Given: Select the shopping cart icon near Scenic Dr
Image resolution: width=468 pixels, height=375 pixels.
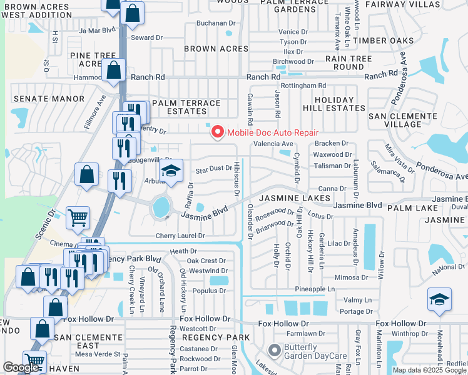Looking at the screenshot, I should pyautogui.click(x=78, y=219).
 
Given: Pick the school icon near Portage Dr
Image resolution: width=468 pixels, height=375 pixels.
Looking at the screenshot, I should pyautogui.click(x=440, y=301).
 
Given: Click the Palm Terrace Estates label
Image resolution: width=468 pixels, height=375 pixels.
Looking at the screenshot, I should pyautogui.click(x=186, y=107).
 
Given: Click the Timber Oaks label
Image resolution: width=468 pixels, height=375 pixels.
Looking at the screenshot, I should pyautogui.click(x=384, y=41).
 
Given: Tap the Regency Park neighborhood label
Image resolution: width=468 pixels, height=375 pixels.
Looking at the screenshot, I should pyautogui.click(x=215, y=337).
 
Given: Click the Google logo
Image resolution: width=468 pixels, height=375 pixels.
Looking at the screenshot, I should pyautogui.click(x=21, y=368).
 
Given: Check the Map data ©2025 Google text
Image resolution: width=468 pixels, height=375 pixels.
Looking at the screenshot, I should pyautogui.click(x=428, y=370).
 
